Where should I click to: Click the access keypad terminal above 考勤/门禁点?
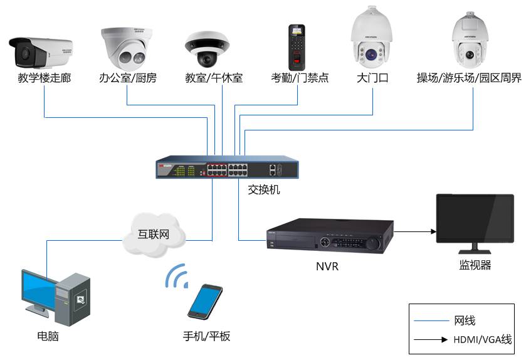click(297, 46)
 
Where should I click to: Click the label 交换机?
click(265, 189)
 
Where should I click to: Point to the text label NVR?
click(327, 266)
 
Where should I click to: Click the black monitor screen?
click(475, 220)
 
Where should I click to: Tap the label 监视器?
click(475, 265)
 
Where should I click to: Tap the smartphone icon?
click(204, 302)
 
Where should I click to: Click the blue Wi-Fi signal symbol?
click(176, 275)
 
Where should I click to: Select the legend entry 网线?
click(465, 320)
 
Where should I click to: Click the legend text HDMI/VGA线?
click(481, 340)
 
